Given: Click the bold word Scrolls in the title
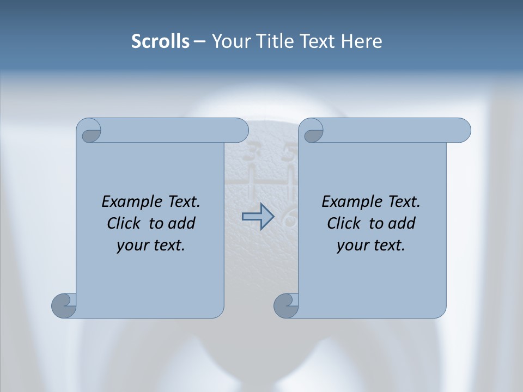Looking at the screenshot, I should [161, 41].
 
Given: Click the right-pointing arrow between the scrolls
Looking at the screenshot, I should [258, 217].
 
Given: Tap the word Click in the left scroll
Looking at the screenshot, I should [124, 223].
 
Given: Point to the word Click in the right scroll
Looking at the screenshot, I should [344, 223].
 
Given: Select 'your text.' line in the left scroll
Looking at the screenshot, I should [151, 245].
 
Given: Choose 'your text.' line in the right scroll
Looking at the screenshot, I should [371, 245].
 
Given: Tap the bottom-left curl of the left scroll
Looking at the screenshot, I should [64, 305].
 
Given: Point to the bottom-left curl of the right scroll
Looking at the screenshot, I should [286, 305].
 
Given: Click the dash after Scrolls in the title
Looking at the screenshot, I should [199, 41].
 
